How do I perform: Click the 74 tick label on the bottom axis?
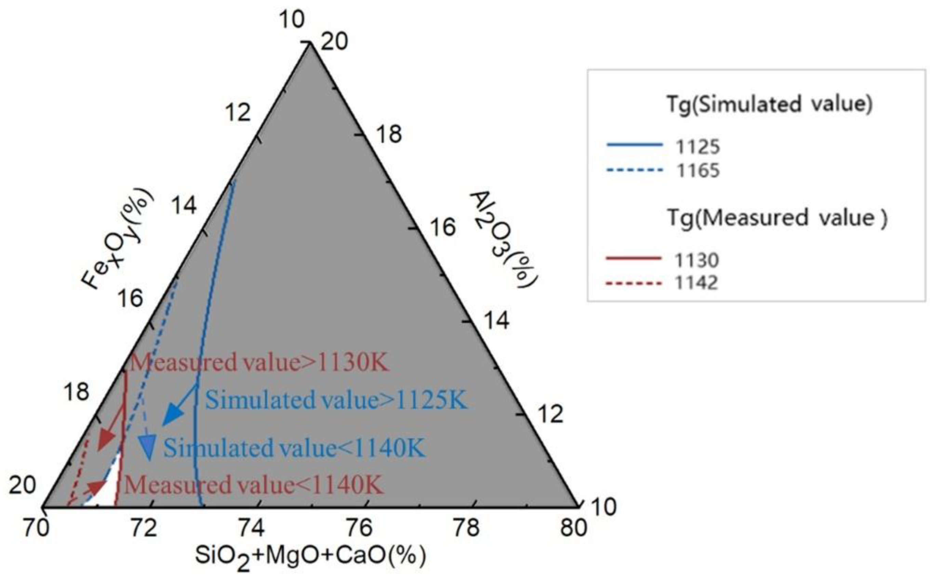(251, 528)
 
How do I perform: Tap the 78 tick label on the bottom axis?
(466, 528)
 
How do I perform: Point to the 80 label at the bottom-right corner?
(573, 528)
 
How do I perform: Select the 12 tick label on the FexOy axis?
(238, 113)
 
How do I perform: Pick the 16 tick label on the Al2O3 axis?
(443, 227)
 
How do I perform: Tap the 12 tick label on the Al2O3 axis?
(550, 415)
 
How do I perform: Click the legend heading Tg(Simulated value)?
(769, 104)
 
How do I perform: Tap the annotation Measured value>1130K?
(258, 363)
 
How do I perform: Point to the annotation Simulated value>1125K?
(336, 400)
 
